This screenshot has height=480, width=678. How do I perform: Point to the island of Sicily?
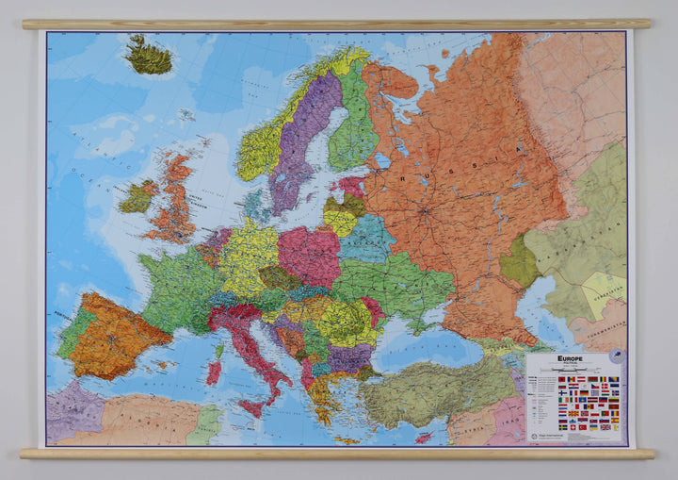[251, 407]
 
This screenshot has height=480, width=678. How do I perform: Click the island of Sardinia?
[213, 371]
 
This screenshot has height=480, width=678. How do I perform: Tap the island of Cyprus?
[423, 437]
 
